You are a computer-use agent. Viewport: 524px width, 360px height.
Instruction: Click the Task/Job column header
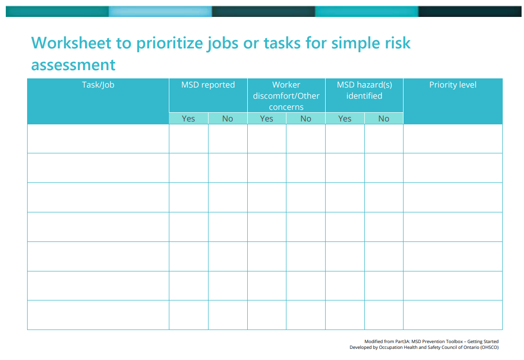(x=98, y=85)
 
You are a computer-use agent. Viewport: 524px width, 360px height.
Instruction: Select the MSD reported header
(x=208, y=85)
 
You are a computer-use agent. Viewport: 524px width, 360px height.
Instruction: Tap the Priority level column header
(x=453, y=85)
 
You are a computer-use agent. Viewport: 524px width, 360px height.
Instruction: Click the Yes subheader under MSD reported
(x=189, y=119)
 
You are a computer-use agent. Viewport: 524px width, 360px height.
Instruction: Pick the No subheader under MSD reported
(x=227, y=119)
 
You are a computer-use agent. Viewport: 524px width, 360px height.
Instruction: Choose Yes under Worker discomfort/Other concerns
(x=267, y=119)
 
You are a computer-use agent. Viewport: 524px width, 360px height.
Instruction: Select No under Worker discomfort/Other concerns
(x=306, y=119)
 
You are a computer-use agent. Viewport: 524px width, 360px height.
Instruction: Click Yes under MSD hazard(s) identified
(x=345, y=119)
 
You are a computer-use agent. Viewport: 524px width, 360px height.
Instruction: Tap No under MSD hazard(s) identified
(x=384, y=119)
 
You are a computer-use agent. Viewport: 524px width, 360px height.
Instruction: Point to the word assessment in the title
(x=73, y=65)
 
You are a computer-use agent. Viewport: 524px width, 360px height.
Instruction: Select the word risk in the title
(x=398, y=43)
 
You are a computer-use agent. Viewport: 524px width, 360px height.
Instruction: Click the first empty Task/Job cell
(x=98, y=139)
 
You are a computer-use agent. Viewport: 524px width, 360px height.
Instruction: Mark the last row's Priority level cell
(x=453, y=315)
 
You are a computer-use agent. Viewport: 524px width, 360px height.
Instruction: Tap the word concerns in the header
(x=286, y=107)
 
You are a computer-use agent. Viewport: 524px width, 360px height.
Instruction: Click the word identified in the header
(x=364, y=96)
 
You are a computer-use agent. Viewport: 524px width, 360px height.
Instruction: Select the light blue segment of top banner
(x=160, y=11)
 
